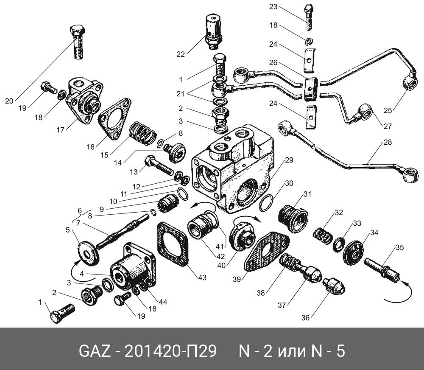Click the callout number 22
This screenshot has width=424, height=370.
[181, 54]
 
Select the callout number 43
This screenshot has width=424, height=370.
[202, 277]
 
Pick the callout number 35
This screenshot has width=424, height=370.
[400, 248]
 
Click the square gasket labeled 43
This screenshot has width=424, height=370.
[173, 244]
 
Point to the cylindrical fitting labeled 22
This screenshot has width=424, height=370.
[213, 29]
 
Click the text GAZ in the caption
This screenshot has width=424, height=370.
[95, 351]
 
